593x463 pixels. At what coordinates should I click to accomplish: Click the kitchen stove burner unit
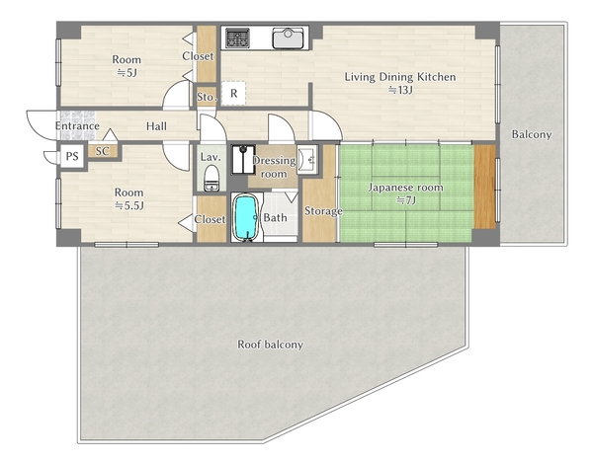point(237,38)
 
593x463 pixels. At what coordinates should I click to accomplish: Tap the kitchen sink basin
point(289,39)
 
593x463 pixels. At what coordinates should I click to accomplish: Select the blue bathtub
point(245,217)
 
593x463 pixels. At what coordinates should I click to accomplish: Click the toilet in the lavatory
point(212,178)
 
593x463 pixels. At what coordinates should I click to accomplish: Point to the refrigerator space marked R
point(233,93)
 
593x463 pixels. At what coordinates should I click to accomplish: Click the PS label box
point(72,156)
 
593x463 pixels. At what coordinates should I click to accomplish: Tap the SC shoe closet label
point(102,151)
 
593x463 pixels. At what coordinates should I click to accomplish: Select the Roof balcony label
point(270,345)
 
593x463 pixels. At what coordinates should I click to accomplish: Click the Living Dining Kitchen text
point(399,77)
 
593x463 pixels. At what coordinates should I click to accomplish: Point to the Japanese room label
point(406,188)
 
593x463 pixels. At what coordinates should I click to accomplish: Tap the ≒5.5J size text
point(129,205)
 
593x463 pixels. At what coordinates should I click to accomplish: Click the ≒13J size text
point(400,90)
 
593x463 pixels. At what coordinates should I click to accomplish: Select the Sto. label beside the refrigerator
point(207,97)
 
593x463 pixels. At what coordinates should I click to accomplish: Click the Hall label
point(156,126)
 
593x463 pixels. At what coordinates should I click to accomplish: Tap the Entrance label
point(77,125)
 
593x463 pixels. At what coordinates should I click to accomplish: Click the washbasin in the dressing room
point(307,159)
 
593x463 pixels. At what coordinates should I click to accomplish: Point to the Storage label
point(323,210)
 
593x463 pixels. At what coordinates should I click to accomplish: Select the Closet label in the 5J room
point(198,56)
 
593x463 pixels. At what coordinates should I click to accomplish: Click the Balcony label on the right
point(532,134)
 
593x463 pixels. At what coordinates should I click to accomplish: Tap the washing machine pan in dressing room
point(243,159)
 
